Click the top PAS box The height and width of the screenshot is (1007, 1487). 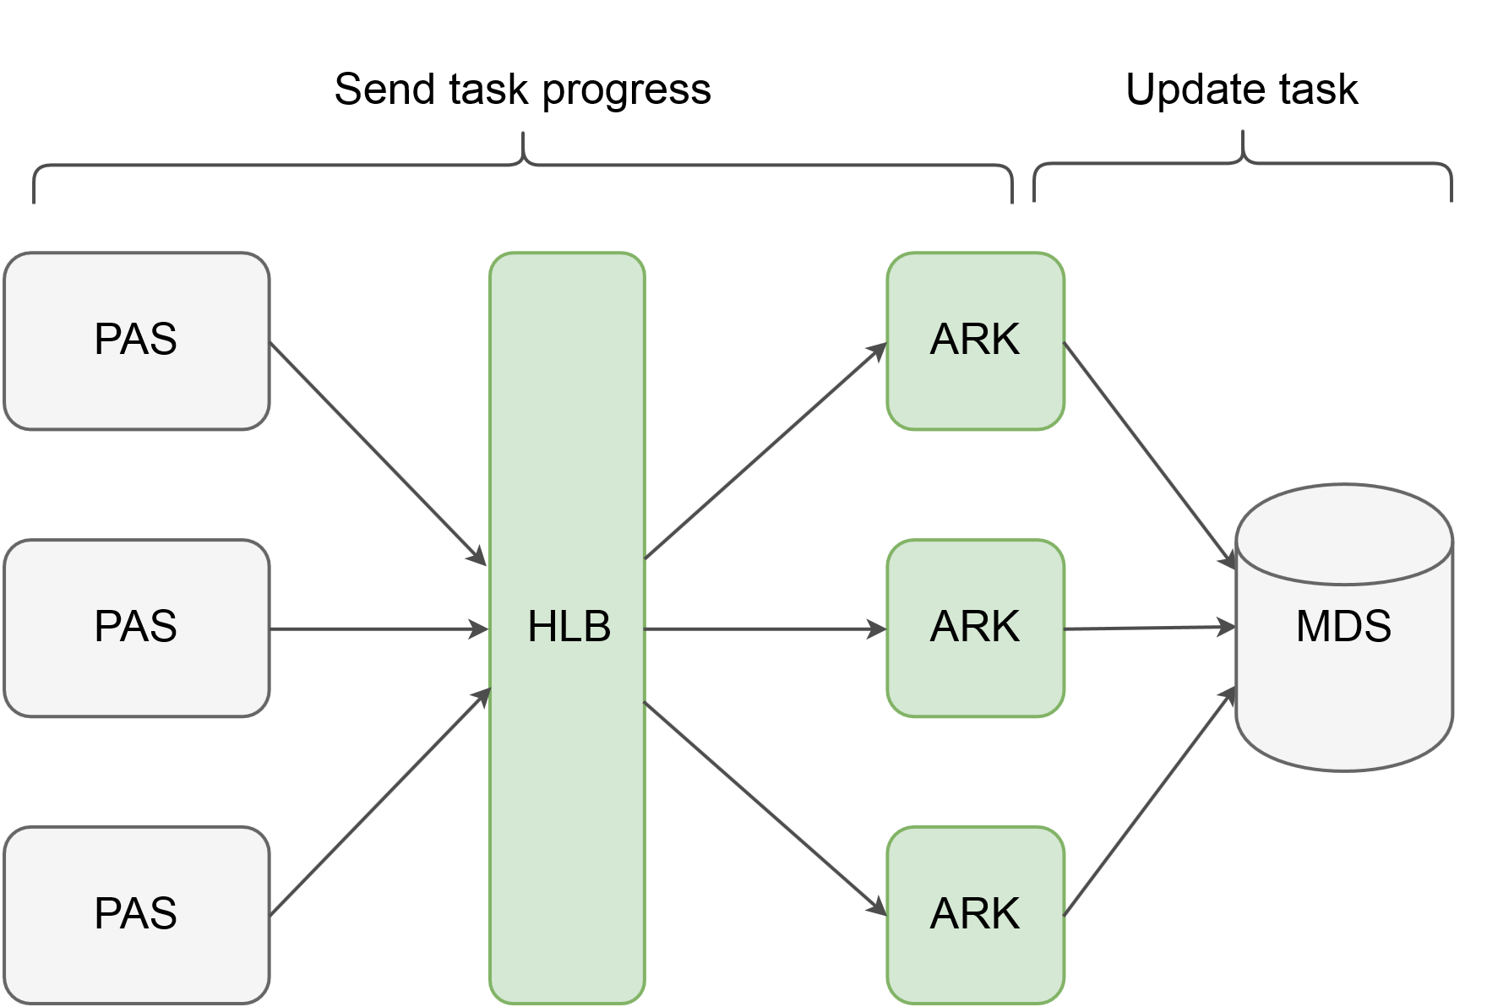click(x=136, y=340)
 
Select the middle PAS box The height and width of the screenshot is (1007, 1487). click(x=136, y=628)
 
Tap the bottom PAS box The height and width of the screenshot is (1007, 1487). click(x=136, y=915)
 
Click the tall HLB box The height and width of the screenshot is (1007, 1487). click(x=567, y=473)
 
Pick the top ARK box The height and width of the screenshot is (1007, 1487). click(x=975, y=340)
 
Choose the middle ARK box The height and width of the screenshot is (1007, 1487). click(x=975, y=628)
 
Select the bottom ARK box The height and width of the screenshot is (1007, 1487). click(x=975, y=915)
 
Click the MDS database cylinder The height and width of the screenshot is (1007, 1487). click(x=1343, y=693)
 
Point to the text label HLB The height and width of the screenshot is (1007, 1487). click(x=569, y=628)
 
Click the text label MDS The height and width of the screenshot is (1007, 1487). click(x=1343, y=627)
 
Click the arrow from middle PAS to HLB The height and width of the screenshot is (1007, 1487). click(x=379, y=629)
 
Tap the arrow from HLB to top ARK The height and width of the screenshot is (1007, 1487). click(x=765, y=451)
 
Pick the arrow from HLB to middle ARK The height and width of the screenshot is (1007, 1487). click(x=765, y=629)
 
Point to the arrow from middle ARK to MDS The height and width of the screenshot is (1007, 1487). click(x=1150, y=629)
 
